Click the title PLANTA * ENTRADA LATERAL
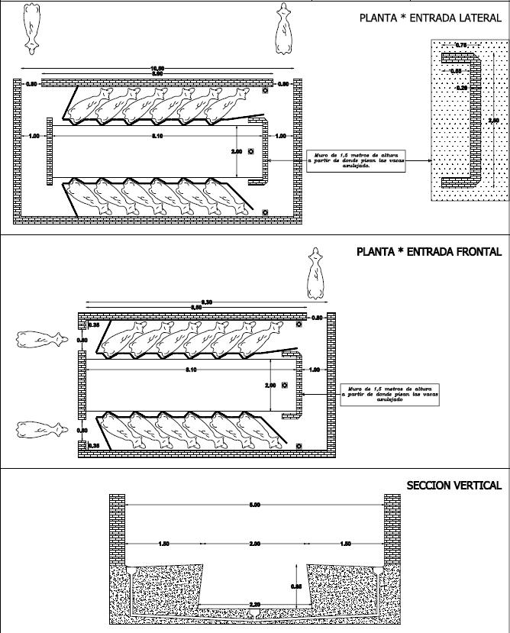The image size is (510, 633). point(430,18)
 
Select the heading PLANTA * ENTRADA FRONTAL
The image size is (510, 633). point(429,251)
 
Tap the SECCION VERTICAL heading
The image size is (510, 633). point(454,486)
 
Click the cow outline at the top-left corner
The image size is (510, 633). point(31,27)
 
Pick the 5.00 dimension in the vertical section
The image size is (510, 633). point(255,505)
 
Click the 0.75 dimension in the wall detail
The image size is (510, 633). point(461,47)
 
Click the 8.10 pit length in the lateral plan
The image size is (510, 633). point(157,136)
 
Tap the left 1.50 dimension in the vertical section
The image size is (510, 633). point(163,544)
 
